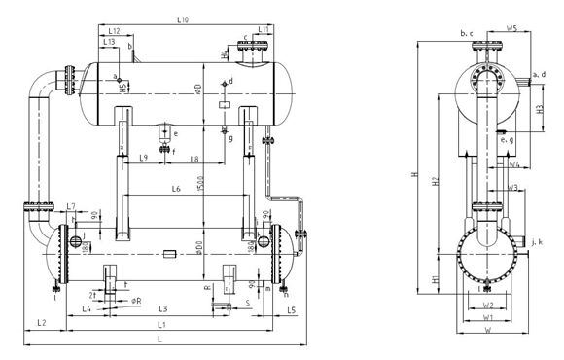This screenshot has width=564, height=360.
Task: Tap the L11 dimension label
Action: click(x=264, y=30)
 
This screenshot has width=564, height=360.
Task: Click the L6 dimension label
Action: click(x=176, y=189)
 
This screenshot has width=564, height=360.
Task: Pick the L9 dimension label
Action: click(x=143, y=157)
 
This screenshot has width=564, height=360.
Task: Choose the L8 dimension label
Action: click(x=194, y=157)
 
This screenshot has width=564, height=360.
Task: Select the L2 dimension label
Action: click(x=41, y=320)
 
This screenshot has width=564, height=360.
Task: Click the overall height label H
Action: click(x=414, y=175)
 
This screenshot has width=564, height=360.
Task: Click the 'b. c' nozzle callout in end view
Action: click(x=467, y=33)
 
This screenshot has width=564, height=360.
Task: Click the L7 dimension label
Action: click(x=71, y=206)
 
